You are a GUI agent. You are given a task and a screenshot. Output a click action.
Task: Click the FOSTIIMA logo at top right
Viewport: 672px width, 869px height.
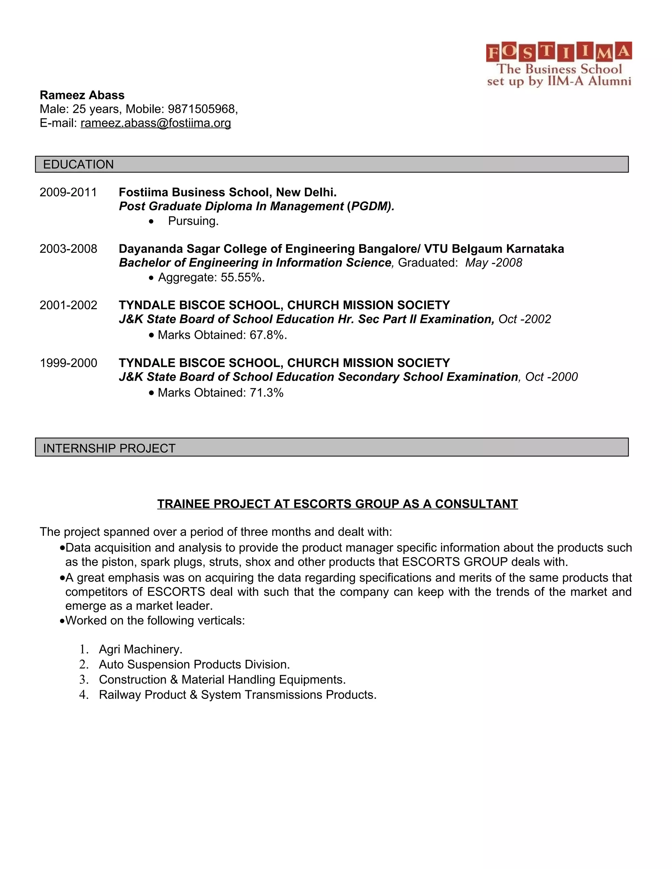(558, 64)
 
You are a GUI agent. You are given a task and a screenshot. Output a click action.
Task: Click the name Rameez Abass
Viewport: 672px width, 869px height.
(82, 95)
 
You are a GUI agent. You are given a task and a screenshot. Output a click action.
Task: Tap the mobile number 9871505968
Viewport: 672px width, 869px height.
(202, 109)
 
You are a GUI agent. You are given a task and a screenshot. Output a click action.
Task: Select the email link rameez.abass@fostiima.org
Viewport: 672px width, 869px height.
(156, 123)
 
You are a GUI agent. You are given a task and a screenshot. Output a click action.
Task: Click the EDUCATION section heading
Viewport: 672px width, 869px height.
(78, 164)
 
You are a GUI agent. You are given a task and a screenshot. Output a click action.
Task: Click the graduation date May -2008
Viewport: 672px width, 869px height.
(493, 263)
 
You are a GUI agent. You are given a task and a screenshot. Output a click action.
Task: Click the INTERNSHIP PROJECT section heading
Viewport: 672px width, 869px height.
(109, 448)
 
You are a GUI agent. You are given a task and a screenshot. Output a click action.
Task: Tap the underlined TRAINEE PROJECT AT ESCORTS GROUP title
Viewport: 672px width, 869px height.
(337, 504)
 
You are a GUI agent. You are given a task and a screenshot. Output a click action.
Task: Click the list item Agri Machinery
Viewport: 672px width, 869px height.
(140, 649)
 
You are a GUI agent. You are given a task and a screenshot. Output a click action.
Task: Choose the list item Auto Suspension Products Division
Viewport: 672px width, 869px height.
(194, 664)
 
